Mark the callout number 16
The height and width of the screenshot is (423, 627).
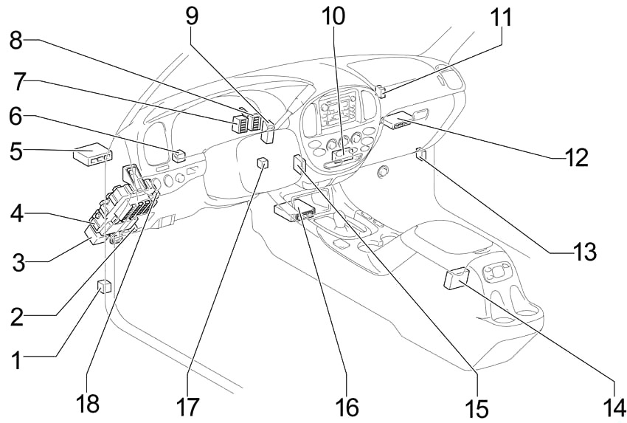point(346,405)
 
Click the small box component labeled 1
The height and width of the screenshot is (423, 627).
point(104,286)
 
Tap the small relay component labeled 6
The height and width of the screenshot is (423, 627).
point(179,156)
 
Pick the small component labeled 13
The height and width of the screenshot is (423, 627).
point(420,154)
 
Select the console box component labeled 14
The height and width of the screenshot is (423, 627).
point(455,278)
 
